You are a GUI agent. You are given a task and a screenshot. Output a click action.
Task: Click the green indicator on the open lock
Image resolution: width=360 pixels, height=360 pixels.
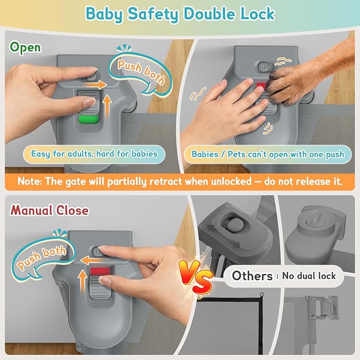click(x=89, y=119)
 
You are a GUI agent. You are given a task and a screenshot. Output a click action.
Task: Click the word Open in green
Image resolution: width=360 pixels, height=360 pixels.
click(x=25, y=48)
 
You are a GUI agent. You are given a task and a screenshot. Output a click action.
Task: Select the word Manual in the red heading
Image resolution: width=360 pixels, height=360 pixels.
click(x=31, y=210)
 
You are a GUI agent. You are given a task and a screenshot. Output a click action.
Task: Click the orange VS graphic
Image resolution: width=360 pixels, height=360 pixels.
click(x=196, y=277)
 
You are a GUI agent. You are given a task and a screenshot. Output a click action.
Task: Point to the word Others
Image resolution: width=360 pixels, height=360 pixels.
click(x=252, y=276)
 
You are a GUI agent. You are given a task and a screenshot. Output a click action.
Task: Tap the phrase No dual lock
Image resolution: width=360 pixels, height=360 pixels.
click(x=309, y=276)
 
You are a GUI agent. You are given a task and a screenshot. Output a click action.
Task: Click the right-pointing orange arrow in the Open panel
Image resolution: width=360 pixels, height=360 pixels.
click(x=96, y=84)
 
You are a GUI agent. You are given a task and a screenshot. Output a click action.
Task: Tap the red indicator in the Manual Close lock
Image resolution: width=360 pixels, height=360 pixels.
click(x=100, y=271)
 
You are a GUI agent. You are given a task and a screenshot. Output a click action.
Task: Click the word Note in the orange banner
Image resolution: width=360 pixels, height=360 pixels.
click(x=30, y=181)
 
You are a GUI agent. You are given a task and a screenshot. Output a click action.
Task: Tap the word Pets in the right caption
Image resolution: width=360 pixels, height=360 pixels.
click(x=236, y=154)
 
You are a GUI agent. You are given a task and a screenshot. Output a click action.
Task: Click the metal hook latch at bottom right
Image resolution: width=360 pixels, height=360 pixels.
click(x=321, y=306)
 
